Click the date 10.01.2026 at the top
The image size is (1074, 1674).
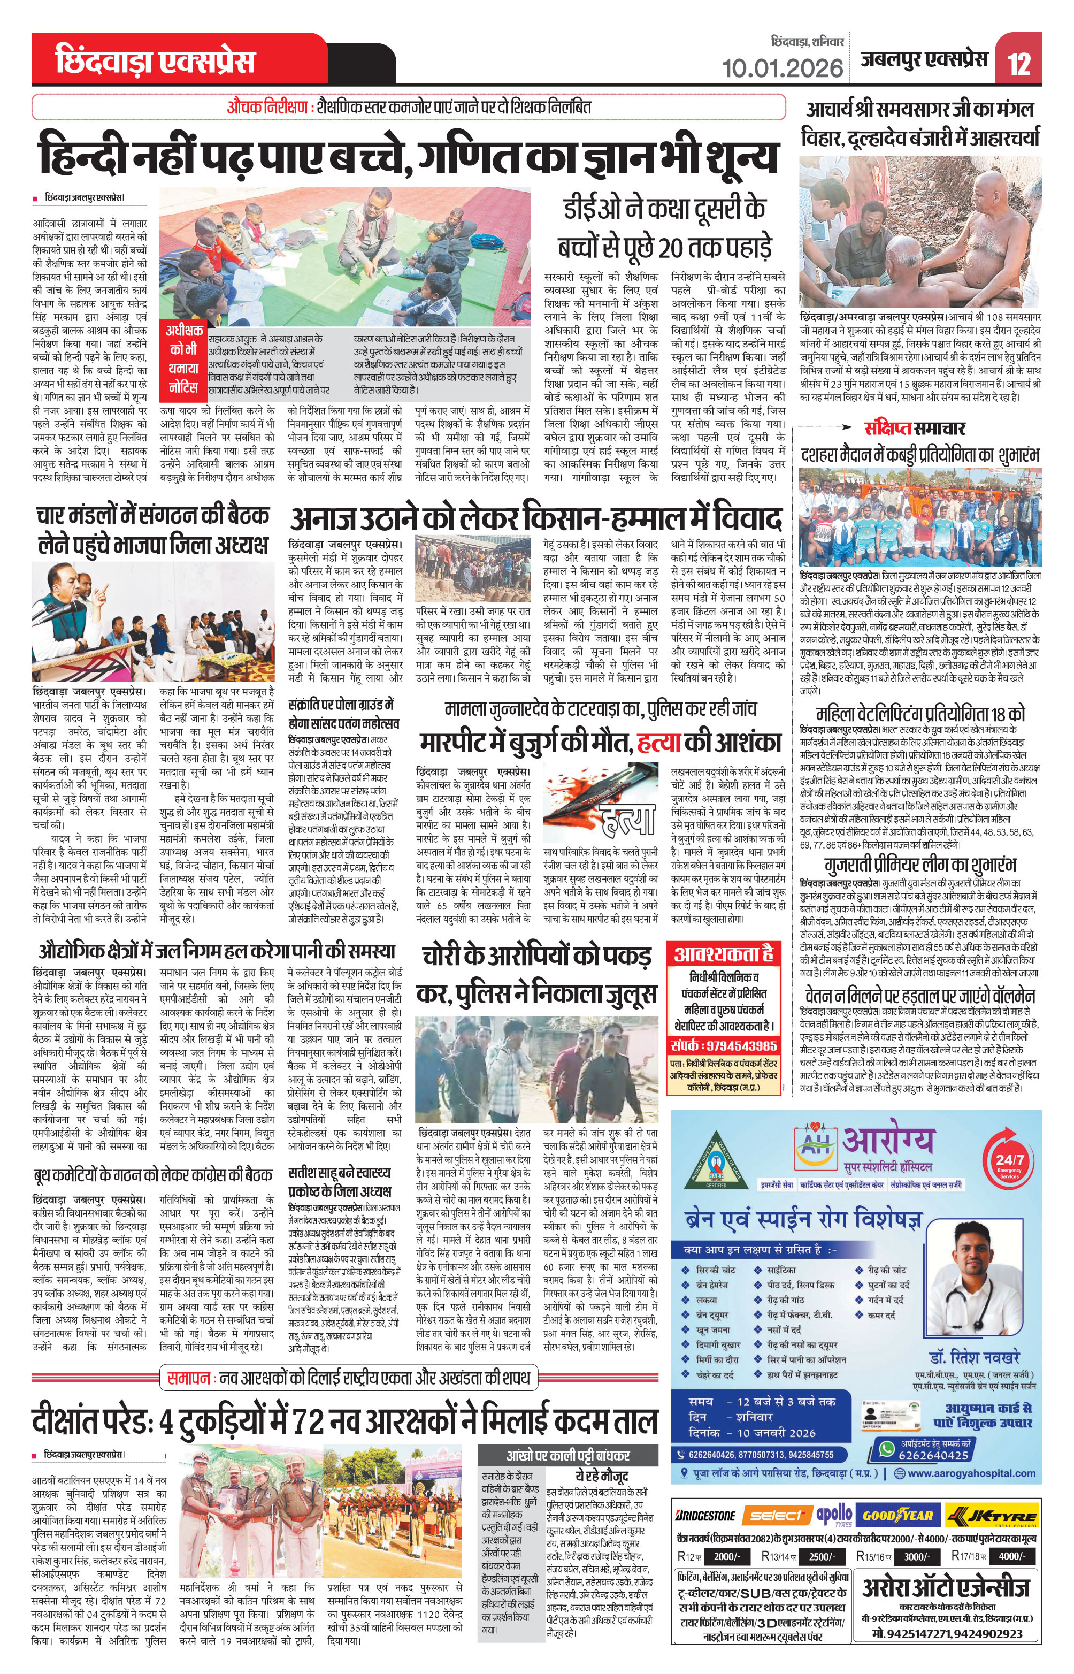click(782, 68)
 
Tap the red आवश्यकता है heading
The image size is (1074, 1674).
click(723, 953)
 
